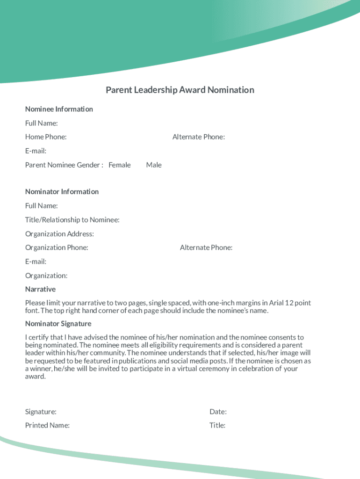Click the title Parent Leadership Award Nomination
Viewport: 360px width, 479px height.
pyautogui.click(x=180, y=90)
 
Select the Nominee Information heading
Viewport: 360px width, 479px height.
pyautogui.click(x=59, y=109)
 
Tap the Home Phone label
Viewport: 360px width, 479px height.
pyautogui.click(x=45, y=137)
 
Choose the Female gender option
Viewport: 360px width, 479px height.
pyautogui.click(x=119, y=165)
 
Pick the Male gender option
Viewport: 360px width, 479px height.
pyautogui.click(x=153, y=165)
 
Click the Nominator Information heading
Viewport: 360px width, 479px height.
pyautogui.click(x=62, y=191)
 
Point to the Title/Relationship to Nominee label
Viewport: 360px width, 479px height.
pyautogui.click(x=72, y=219)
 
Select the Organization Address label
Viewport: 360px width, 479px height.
pyautogui.click(x=59, y=233)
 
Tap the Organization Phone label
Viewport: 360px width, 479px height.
pyautogui.click(x=57, y=247)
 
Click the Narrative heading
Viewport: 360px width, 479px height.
pyautogui.click(x=40, y=289)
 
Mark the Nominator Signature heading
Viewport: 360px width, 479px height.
pyautogui.click(x=58, y=324)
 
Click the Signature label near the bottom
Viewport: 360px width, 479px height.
pyautogui.click(x=41, y=412)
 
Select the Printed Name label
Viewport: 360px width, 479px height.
pyautogui.click(x=47, y=425)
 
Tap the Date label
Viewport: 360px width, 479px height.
pyautogui.click(x=218, y=412)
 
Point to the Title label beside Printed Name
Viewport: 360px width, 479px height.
pyautogui.click(x=217, y=425)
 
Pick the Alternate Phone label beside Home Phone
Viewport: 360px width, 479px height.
pyautogui.click(x=198, y=137)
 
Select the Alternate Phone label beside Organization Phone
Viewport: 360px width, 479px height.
pyautogui.click(x=206, y=247)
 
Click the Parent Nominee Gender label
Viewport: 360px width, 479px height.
pyautogui.click(x=64, y=165)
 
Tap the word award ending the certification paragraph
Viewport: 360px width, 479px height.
pyautogui.click(x=35, y=377)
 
